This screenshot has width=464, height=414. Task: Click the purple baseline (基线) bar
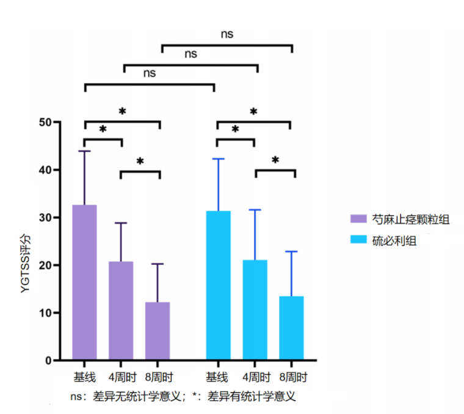click(84, 282)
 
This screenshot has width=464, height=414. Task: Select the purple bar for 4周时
click(121, 311)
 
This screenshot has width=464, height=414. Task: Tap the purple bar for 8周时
click(158, 331)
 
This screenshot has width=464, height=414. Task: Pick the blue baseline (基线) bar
click(218, 285)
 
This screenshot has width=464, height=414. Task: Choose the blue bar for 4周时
click(255, 310)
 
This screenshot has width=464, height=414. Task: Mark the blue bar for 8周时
click(291, 328)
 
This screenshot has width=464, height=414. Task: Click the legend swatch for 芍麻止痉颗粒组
click(359, 219)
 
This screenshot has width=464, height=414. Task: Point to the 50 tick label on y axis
click(45, 122)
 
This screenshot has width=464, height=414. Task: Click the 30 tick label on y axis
click(45, 217)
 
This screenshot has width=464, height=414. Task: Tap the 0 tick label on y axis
click(48, 360)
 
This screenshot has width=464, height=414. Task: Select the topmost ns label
click(227, 34)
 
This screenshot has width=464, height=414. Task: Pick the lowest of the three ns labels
click(150, 73)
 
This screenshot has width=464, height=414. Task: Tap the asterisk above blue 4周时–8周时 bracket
click(275, 161)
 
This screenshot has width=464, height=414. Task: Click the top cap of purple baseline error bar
click(84, 151)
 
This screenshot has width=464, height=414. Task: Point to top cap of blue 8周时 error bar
click(291, 252)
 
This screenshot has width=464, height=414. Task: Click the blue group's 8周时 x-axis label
click(292, 376)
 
